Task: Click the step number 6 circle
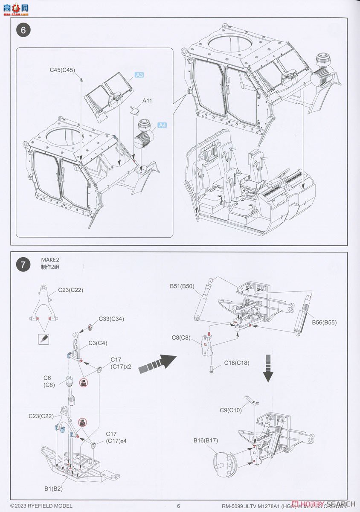point(23,30)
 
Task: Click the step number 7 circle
point(23,265)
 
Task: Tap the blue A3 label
point(139,75)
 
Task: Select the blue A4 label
point(162,125)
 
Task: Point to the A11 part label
point(147,101)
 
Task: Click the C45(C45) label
point(62,70)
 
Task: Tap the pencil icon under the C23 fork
point(44,339)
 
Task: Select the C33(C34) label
point(111,319)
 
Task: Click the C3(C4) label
point(98,343)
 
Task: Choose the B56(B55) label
point(324,323)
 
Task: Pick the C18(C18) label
point(237,363)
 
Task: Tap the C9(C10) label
point(231,410)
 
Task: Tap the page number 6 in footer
point(179,506)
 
